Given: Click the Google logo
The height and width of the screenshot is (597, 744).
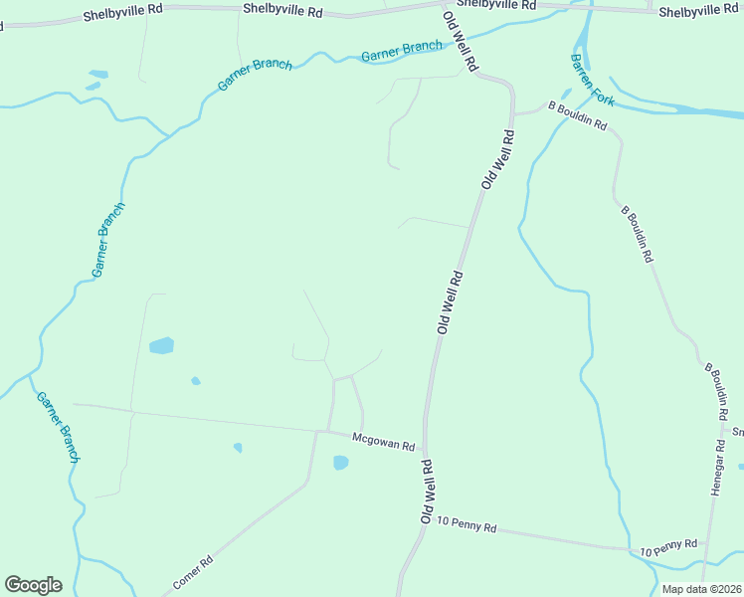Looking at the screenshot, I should tap(33, 585).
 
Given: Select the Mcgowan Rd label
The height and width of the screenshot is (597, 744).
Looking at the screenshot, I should tap(383, 442).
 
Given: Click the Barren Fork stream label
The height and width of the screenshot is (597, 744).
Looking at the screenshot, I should tap(593, 81).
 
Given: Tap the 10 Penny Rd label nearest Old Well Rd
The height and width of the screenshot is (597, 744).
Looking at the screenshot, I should tap(465, 523).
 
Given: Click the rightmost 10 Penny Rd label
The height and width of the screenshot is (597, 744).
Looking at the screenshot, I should tap(668, 546).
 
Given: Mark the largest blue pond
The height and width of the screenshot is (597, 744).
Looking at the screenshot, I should tap(161, 346).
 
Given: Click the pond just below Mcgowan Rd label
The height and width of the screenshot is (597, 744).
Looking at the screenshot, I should tap(341, 463).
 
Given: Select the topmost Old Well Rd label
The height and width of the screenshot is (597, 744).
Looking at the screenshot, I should tap(461, 38).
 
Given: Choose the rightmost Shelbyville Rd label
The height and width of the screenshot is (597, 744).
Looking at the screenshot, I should tap(699, 11).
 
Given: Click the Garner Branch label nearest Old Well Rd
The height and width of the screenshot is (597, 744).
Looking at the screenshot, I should tap(401, 51).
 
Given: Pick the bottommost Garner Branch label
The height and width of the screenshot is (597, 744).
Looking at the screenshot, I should tap(58, 427).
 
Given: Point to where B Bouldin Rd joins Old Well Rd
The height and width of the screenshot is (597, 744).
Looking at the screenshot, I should tap(513, 114).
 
